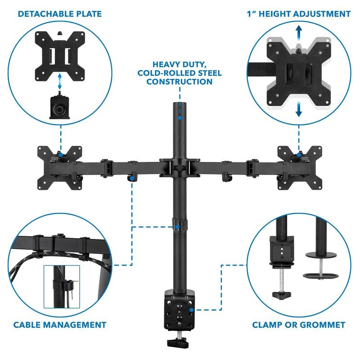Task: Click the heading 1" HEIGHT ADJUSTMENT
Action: click(298, 14)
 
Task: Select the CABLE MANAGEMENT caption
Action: click(60, 324)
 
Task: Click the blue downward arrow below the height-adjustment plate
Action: click(299, 110)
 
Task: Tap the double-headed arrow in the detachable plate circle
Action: click(60, 83)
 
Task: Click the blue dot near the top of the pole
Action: click(180, 118)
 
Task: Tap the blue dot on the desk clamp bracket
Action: click(192, 310)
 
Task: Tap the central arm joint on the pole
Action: click(180, 165)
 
